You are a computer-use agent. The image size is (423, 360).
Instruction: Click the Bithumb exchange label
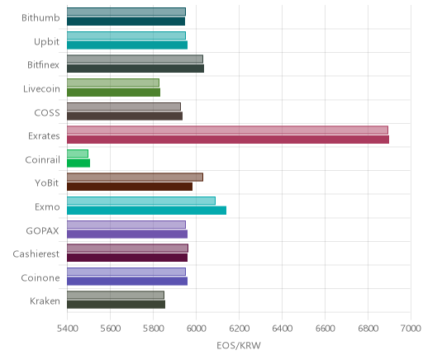40,18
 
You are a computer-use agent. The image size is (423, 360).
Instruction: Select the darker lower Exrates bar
228,140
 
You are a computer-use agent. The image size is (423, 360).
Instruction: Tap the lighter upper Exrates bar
227,130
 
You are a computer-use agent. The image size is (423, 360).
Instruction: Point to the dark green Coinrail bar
78,163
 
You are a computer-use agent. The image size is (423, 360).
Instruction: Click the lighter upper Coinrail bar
78,154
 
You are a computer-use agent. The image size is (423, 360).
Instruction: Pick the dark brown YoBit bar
130,187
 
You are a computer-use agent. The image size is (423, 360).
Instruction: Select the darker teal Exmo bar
146,211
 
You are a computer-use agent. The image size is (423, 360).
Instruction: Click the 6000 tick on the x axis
196,329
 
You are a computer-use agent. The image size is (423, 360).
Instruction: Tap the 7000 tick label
411,329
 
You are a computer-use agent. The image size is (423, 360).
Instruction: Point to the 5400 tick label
67,329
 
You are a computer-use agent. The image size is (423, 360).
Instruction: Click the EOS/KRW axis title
239,346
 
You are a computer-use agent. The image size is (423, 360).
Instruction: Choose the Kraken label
45,301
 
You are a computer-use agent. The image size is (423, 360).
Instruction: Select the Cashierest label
36,253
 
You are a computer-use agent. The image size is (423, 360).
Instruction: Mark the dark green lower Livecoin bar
113,92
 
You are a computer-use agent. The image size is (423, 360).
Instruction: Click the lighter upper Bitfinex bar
135,59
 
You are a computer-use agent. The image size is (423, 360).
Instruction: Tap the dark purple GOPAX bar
127,234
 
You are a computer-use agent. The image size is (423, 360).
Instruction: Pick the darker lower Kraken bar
116,305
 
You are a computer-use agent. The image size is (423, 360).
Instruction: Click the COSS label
47,113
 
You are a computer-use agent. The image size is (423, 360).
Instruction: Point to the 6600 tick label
325,329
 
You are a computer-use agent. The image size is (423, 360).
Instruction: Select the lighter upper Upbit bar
126,36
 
